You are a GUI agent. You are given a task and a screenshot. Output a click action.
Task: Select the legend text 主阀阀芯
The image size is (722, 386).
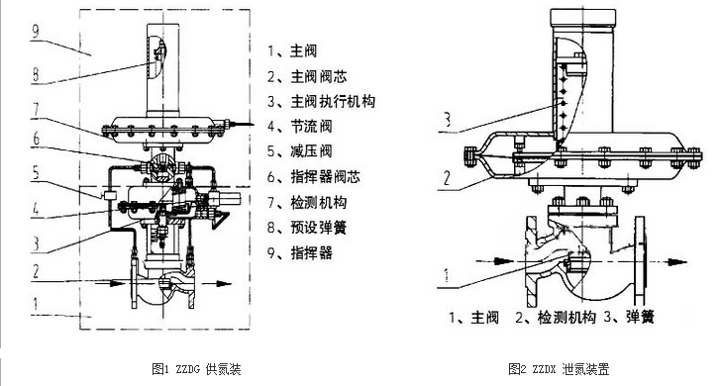(307, 75)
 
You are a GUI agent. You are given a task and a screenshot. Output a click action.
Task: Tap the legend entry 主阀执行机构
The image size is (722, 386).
(321, 101)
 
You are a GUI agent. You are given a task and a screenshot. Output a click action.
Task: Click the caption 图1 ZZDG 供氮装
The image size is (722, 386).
(198, 368)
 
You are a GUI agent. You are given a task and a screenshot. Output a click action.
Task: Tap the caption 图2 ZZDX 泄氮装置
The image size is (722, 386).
(559, 368)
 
